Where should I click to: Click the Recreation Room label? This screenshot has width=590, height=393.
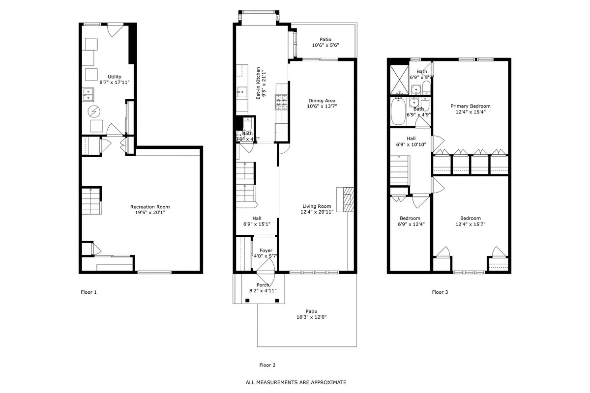point(149,207)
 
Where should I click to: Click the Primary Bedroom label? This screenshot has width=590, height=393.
point(470,106)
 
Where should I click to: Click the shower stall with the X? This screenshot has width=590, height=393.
point(398,78)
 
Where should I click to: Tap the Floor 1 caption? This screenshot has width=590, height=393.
point(88,292)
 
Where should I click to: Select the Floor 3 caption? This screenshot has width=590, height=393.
point(440,292)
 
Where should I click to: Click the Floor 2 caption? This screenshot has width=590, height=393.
point(267,365)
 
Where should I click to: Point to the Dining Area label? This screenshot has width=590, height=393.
point(322,101)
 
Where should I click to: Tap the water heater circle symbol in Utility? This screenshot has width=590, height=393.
point(93,112)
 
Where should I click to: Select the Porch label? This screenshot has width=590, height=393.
point(263,285)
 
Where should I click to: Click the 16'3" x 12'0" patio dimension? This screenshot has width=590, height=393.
point(308,317)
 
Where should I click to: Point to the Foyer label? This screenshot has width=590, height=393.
point(265,251)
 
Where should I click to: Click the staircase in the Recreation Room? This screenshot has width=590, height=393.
point(90,200)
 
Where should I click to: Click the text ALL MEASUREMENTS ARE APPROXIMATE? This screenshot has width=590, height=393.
point(296,382)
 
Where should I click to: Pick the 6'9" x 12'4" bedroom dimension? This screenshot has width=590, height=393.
point(410,225)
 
